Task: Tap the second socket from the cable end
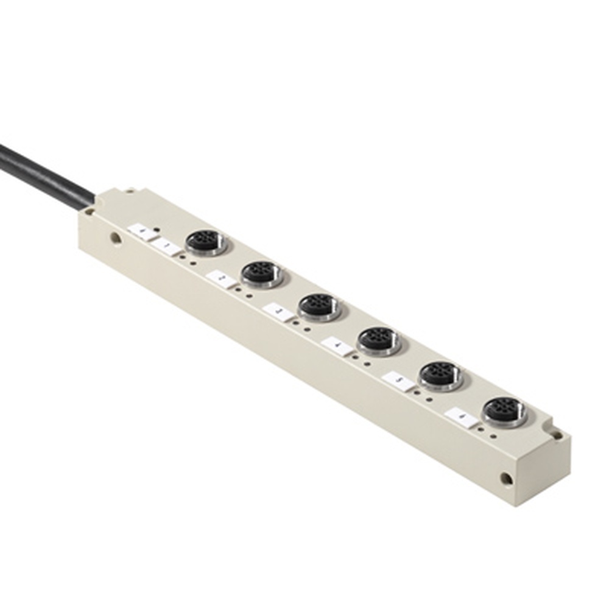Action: coord(262,275)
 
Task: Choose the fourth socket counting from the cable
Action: coord(379,340)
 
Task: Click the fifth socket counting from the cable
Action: coord(440,375)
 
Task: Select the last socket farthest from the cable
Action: coord(504,411)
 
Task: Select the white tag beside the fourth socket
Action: coord(337,345)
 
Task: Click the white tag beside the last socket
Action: coord(461,417)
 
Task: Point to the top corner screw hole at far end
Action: coord(557,434)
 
